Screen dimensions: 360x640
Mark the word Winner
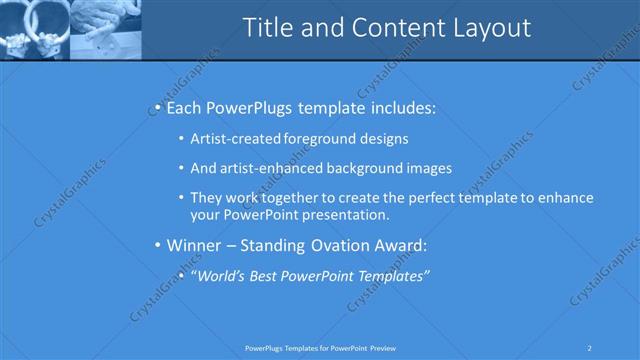[195, 245]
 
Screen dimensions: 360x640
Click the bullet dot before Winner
[157, 245]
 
